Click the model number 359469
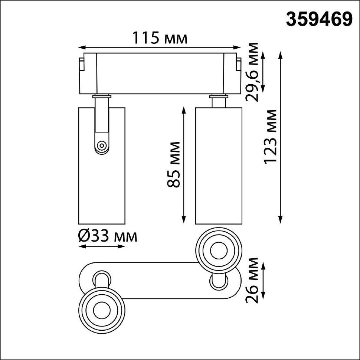click(x=319, y=19)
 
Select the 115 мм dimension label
click(x=160, y=38)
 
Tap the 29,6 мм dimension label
click(x=252, y=72)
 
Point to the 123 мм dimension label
click(x=270, y=136)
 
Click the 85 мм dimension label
click(x=174, y=164)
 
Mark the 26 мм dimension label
click(x=252, y=280)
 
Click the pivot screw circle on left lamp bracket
click(x=101, y=145)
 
